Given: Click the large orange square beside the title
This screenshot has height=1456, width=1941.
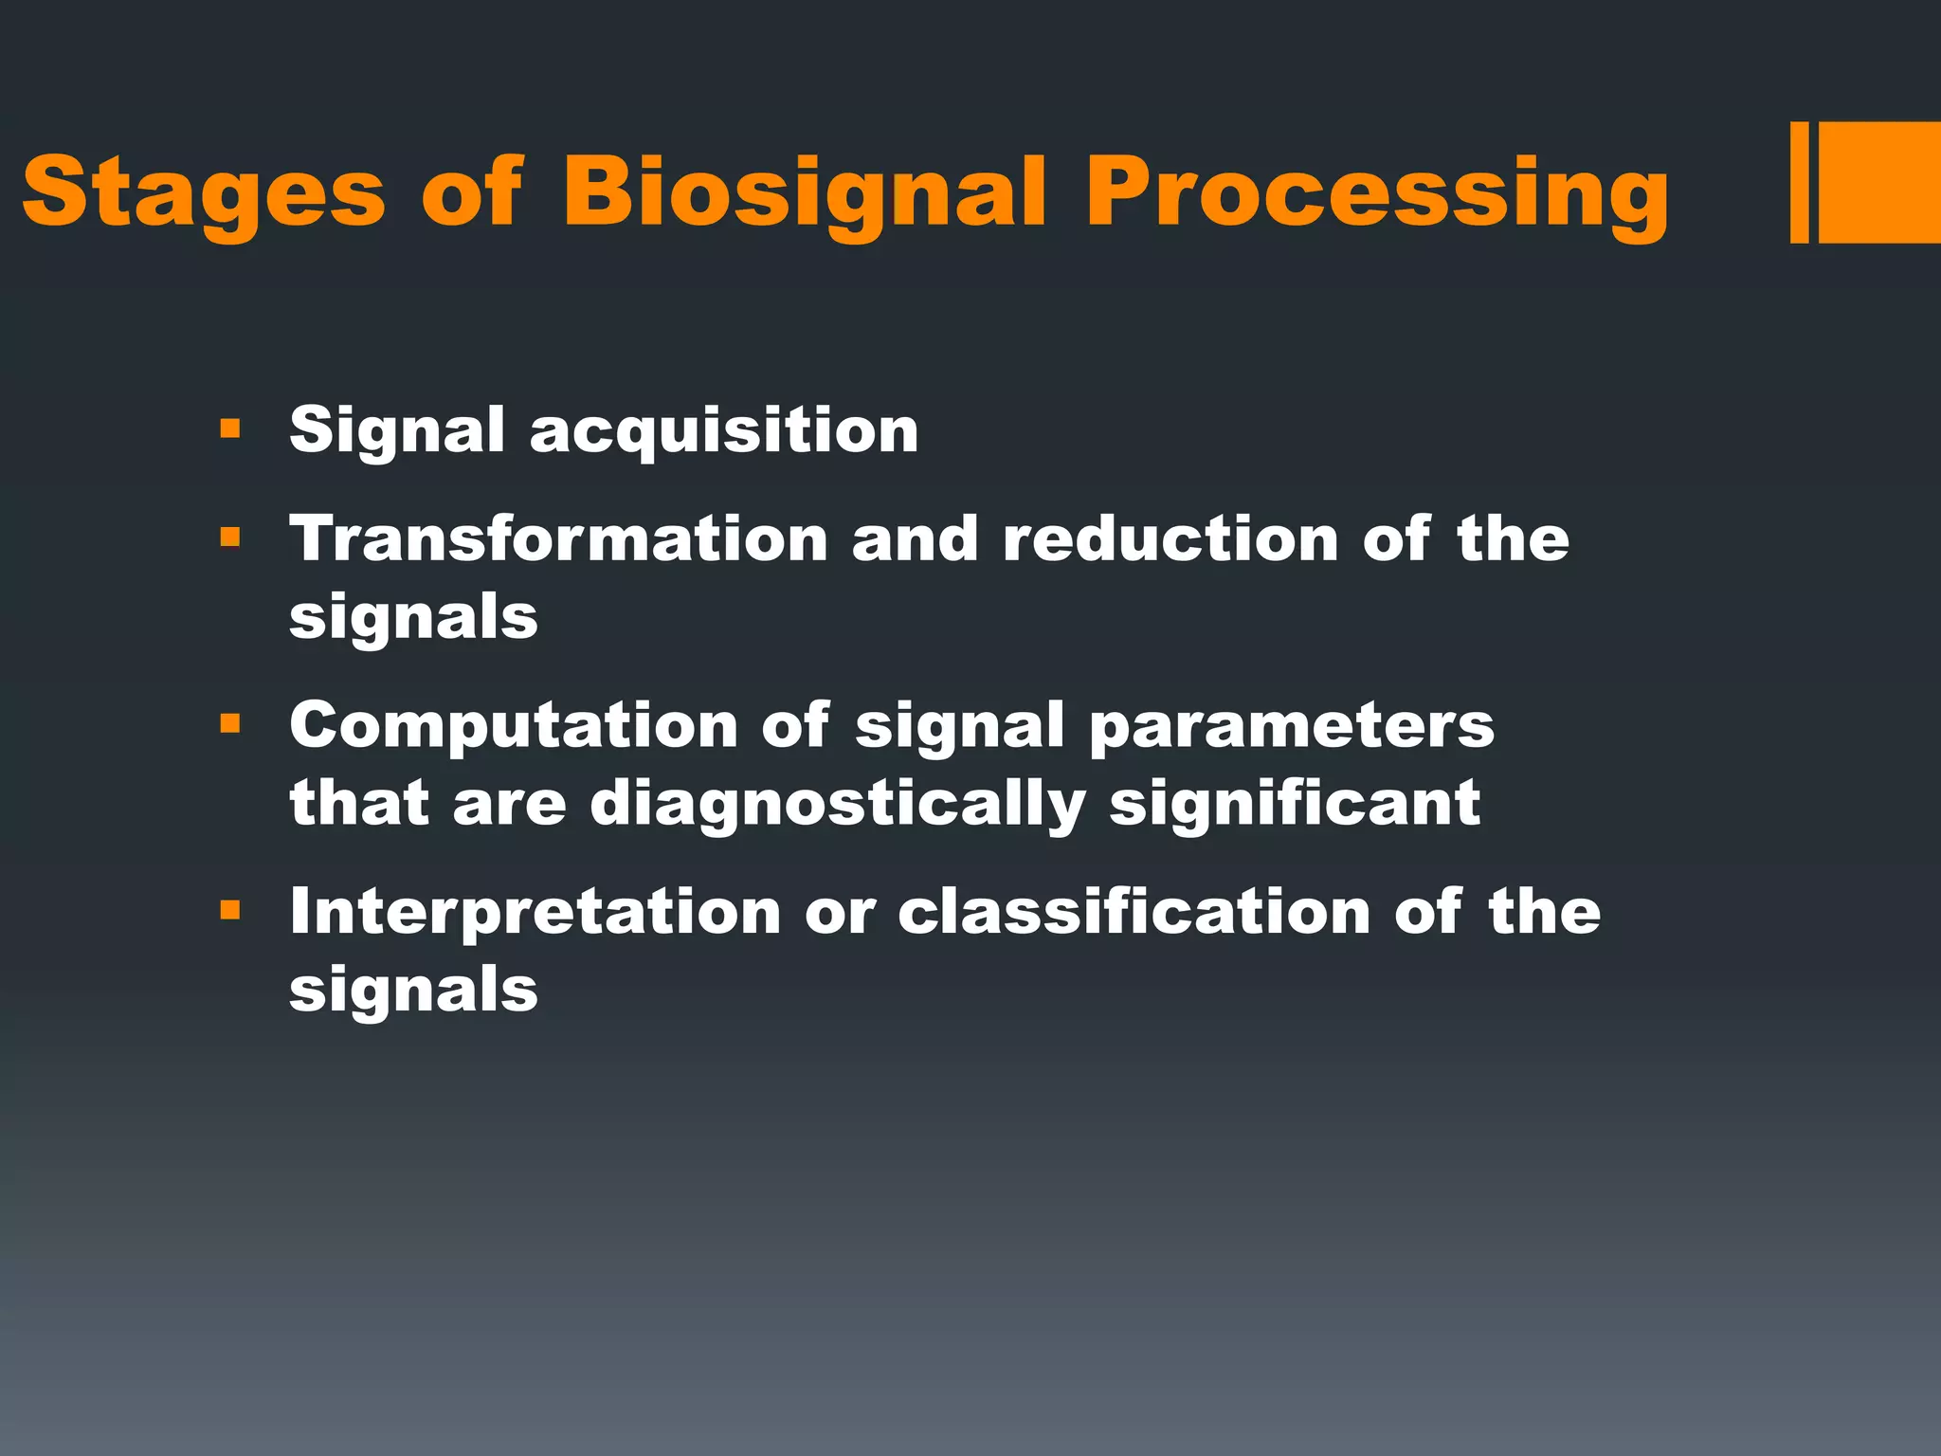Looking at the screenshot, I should pos(1879,182).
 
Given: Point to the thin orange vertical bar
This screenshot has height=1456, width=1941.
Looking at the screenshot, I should pos(1799,182).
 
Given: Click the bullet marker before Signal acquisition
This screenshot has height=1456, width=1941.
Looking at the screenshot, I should pos(229,429).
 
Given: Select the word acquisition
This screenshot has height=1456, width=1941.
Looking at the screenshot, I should pos(724,431).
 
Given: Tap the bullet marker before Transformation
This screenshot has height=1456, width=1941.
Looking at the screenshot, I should pos(229,538).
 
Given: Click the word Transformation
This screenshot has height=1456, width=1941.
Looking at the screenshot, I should pos(559,538).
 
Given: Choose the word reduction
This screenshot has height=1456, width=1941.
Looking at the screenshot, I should pos(1170,538).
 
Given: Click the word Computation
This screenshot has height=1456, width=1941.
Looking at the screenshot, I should pos(514,726).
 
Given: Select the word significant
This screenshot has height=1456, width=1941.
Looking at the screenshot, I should pos(1295,804).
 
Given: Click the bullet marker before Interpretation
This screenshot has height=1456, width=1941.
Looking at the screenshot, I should pos(229,911).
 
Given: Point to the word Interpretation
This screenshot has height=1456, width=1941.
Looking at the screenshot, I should pos(535,912).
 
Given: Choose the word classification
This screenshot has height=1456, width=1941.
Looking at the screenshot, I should pos(1134,912).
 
